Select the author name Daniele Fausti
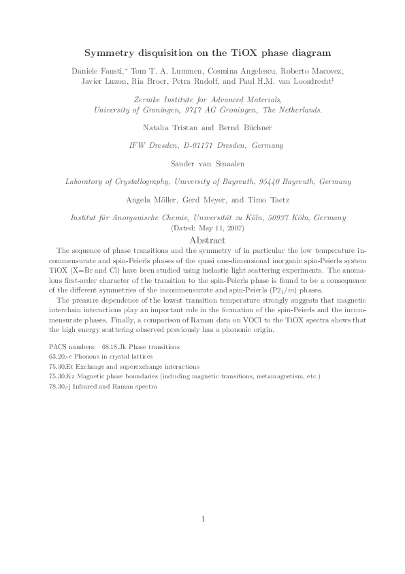94,71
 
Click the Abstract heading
202,241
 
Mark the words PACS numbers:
73,347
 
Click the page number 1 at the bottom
203,519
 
